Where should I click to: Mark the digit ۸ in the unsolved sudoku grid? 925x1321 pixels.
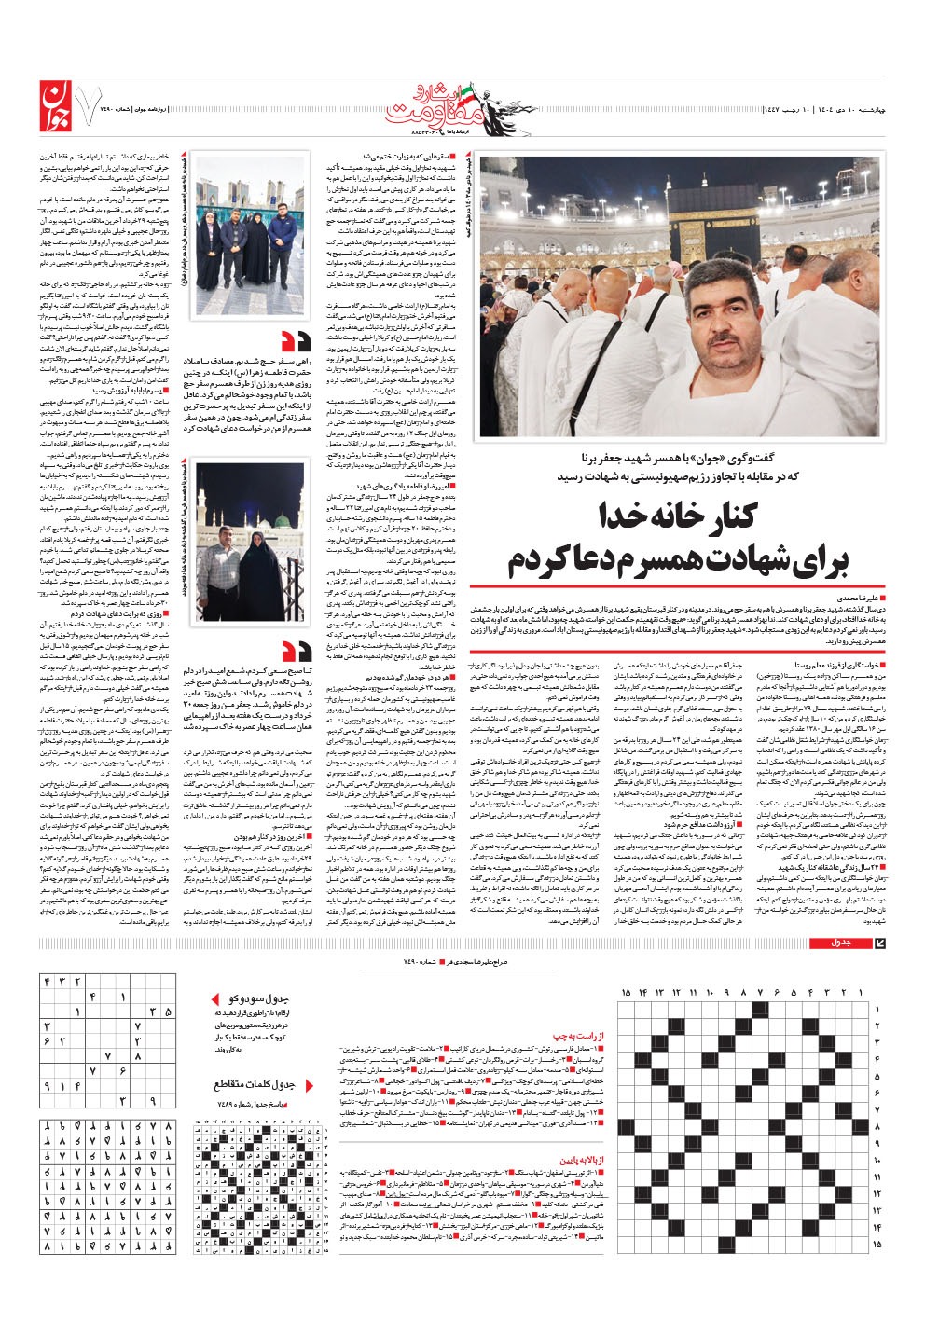pyautogui.click(x=110, y=1055)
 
